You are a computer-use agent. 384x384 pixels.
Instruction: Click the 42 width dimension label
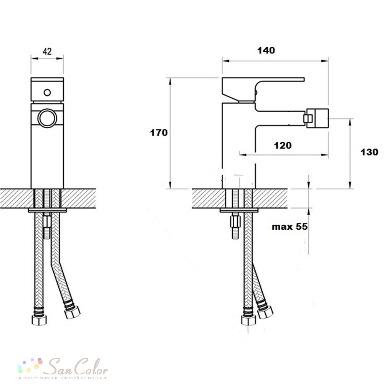tap(47, 51)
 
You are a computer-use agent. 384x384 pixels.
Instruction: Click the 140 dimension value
tap(266, 50)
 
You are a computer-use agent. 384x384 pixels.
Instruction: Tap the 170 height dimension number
tap(159, 133)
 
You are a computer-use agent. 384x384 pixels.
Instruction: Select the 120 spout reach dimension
tap(283, 146)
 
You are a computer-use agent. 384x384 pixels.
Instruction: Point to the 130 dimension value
tap(369, 152)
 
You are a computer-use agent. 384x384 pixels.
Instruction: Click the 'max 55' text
tap(290, 227)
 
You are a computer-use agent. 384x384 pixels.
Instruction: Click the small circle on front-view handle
tap(47, 93)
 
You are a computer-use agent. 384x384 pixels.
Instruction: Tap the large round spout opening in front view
tap(47, 118)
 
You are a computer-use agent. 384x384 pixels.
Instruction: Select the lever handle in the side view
tap(263, 89)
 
